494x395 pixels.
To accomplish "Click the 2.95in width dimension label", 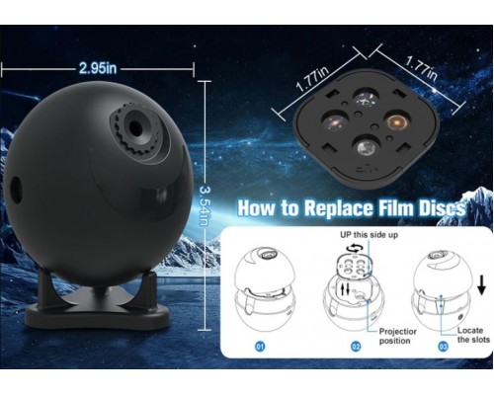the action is pyautogui.click(x=98, y=68).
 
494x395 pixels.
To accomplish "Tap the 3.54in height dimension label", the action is pyautogui.click(x=205, y=206).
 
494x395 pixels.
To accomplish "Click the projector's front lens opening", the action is pyautogui.click(x=134, y=126).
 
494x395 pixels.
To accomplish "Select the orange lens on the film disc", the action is pyautogui.click(x=397, y=122).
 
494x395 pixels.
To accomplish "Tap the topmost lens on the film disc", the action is pyautogui.click(x=367, y=98).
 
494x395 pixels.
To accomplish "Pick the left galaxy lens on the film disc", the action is pyautogui.click(x=335, y=121).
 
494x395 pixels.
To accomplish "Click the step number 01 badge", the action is pyautogui.click(x=260, y=347).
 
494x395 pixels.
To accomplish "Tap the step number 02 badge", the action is pyautogui.click(x=356, y=347).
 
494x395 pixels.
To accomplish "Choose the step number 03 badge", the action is pyautogui.click(x=443, y=347).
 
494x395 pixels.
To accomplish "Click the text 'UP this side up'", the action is pyautogui.click(x=369, y=235).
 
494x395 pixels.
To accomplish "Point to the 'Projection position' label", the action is pyautogui.click(x=397, y=336).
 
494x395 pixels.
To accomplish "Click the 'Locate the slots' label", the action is pyautogui.click(x=473, y=335).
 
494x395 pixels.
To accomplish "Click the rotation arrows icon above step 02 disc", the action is pyautogui.click(x=357, y=248).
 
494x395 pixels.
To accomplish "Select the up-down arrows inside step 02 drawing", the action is pyautogui.click(x=345, y=289).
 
